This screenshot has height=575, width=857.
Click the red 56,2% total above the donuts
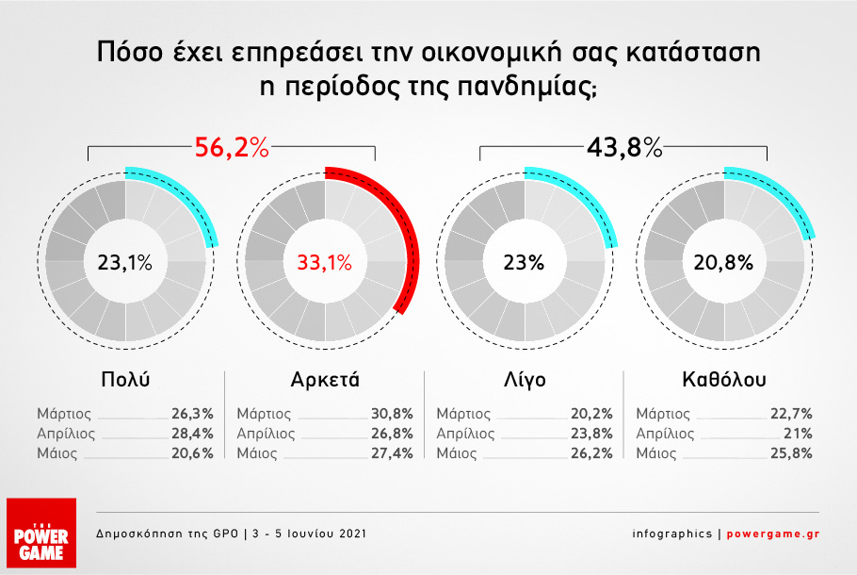[232, 147]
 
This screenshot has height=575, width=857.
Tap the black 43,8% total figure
[624, 147]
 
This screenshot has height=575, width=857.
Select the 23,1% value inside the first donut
[124, 263]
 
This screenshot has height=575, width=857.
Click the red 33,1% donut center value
[325, 263]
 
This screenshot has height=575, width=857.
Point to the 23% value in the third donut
[525, 263]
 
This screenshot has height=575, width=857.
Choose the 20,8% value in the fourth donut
[723, 263]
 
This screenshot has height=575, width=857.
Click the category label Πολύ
[125, 379]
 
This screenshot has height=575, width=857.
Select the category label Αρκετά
[325, 379]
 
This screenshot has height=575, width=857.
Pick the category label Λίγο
[525, 379]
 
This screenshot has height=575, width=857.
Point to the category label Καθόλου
[724, 379]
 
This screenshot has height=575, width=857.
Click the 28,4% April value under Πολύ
[192, 434]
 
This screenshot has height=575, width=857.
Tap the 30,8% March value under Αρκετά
[392, 414]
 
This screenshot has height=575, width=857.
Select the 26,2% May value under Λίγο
[592, 453]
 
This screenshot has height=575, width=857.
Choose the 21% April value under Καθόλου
[798, 434]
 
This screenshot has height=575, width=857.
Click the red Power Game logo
[41, 533]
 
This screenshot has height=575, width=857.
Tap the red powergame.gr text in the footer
[773, 534]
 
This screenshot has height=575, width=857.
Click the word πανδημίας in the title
[526, 88]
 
